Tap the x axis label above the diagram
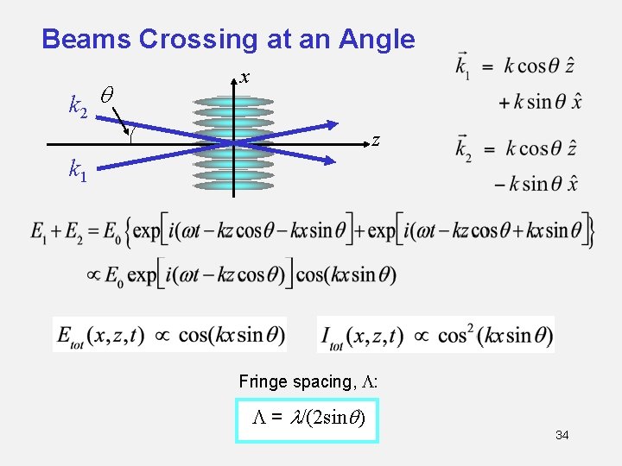(x=245, y=78)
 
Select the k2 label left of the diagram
(x=78, y=106)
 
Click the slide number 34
(x=562, y=435)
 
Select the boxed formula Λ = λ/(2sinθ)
(x=308, y=419)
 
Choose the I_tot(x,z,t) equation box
(x=436, y=335)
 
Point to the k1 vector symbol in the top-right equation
(x=463, y=66)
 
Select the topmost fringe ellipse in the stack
(x=233, y=102)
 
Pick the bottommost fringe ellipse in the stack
(x=233, y=185)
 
